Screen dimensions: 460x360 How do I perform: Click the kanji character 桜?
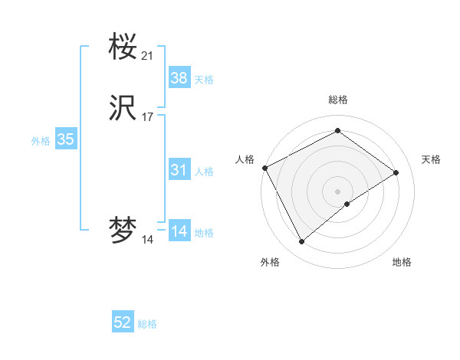coord(123,47)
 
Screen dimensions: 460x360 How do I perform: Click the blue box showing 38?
coord(179,78)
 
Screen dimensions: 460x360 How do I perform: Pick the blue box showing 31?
coord(179,170)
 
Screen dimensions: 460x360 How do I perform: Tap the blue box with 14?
coord(179,231)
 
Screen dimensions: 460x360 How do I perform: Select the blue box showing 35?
coord(65,139)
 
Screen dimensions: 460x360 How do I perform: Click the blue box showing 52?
coord(123,323)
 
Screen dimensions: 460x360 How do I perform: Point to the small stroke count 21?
coord(148,56)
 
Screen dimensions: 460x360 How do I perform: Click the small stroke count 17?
coord(148,117)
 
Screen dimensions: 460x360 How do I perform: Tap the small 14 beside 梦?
coord(148,240)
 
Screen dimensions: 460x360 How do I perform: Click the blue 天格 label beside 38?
coord(204,80)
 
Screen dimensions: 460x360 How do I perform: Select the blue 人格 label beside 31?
coord(204,172)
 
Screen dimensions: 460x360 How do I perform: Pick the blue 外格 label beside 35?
coord(41,141)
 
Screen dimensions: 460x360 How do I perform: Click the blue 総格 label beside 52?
coord(147,325)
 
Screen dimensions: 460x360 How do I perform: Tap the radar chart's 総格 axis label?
coord(337,100)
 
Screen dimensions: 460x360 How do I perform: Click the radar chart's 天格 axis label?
coord(431,159)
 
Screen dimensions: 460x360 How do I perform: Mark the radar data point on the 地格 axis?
coord(347,204)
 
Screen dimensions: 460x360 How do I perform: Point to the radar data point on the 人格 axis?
coord(264,167)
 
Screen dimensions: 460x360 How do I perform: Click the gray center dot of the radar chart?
coord(337,191)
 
